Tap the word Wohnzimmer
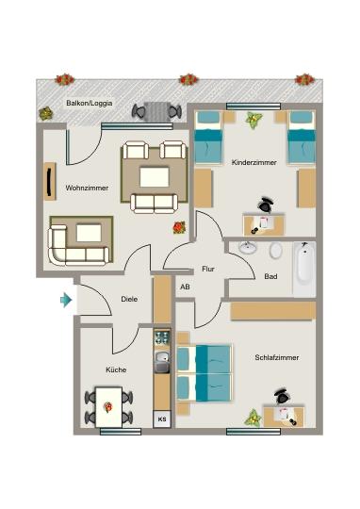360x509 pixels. (86, 189)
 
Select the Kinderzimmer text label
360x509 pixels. (254, 163)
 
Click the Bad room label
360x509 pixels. (270, 277)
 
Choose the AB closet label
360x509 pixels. (185, 287)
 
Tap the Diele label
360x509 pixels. (129, 301)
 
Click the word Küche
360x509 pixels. (116, 370)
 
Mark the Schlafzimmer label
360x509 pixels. (276, 358)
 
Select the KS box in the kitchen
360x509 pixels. (161, 419)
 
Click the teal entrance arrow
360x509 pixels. (66, 301)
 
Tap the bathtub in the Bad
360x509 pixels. (303, 268)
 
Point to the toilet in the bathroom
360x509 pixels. (275, 251)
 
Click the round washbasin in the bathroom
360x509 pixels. (248, 249)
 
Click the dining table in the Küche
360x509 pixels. (109, 406)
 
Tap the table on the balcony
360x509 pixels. (156, 111)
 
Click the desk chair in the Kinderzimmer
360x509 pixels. (266, 204)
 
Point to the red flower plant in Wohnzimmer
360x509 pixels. (179, 227)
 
